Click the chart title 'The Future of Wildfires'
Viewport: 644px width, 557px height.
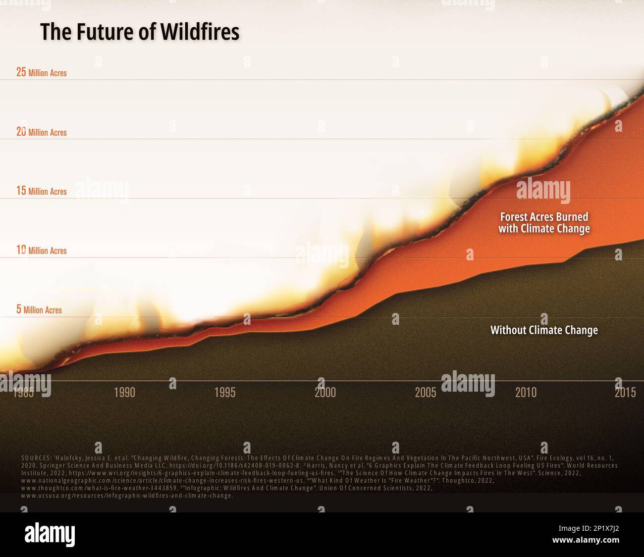click(x=140, y=32)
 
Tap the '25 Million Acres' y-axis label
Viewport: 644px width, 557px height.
click(x=42, y=72)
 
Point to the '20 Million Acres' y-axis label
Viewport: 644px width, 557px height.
click(x=42, y=132)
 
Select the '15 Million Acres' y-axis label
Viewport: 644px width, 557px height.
click(x=42, y=191)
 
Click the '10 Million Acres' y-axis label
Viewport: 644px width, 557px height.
click(x=42, y=251)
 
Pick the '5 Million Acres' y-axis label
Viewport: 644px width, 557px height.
click(x=39, y=310)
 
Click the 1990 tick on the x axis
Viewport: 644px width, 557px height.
click(x=124, y=393)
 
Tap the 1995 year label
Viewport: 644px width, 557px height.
click(x=225, y=393)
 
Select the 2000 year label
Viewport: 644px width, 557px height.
click(x=325, y=393)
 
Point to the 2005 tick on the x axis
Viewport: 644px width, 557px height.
click(x=426, y=393)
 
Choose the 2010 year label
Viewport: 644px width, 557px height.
click(x=526, y=393)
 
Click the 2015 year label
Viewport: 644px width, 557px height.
click(x=625, y=393)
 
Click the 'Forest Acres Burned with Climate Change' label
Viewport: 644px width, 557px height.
click(x=544, y=223)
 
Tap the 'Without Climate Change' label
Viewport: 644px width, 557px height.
click(x=544, y=330)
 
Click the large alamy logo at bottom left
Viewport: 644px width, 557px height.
click(x=50, y=535)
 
